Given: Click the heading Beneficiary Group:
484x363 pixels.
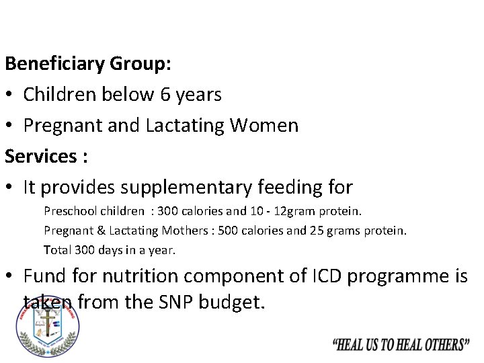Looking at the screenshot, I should click(88, 65).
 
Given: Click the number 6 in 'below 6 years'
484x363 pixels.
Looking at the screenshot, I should click(165, 95).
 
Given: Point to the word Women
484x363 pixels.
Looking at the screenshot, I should click(268, 126).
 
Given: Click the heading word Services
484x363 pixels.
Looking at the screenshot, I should click(40, 156).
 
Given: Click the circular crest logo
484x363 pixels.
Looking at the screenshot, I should click(47, 327).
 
